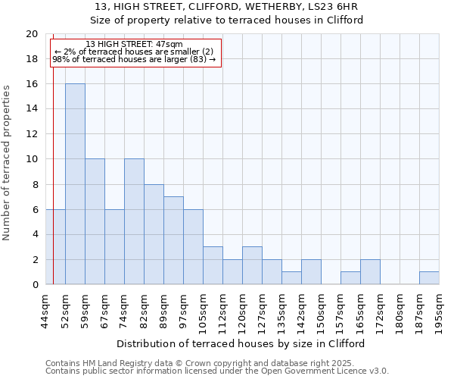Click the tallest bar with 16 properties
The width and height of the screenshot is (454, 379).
[x=75, y=184]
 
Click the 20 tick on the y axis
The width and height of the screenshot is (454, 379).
[x=32, y=34]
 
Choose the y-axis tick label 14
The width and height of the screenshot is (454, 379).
[x=32, y=109]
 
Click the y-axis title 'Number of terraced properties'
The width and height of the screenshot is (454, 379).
[x=8, y=162]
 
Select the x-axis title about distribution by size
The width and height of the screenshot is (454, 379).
[x=242, y=343]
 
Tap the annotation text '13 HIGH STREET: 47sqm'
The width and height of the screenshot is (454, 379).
[x=134, y=45]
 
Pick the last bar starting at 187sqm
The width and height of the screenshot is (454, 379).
[x=429, y=278]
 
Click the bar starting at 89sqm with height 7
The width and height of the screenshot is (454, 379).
[x=173, y=240]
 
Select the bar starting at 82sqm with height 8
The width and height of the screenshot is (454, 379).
[x=154, y=234]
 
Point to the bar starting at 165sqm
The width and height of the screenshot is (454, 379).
[x=370, y=272]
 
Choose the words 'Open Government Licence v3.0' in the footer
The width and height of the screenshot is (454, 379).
[x=326, y=371]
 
